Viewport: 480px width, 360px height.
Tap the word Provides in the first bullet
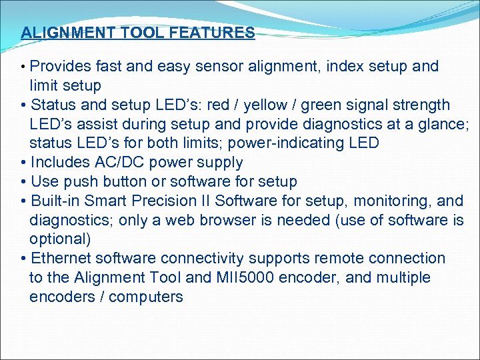[x=60, y=67]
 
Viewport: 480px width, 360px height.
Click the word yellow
[x=273, y=105]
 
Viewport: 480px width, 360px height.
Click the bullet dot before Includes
[x=24, y=163]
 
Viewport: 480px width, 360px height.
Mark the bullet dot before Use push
[x=24, y=181]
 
